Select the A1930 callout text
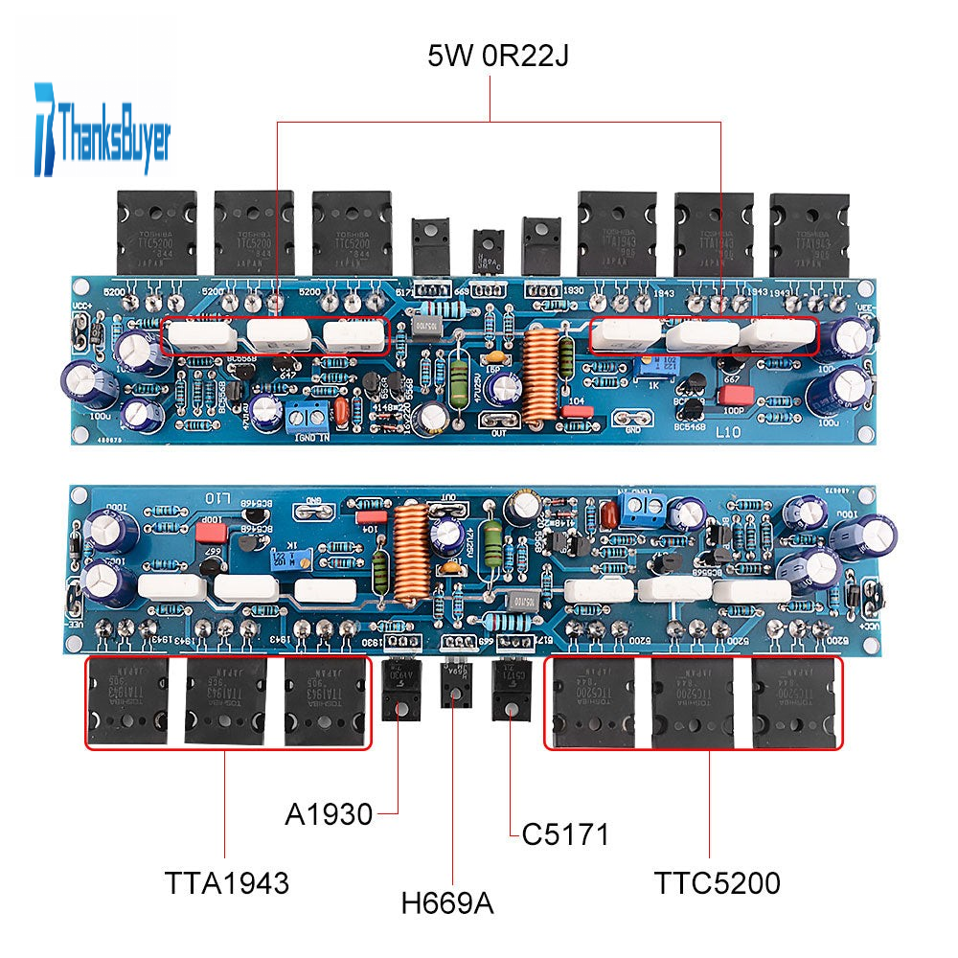(328, 815)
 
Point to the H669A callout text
(448, 901)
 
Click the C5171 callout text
(565, 834)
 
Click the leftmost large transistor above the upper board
(156, 233)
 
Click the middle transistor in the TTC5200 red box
(692, 703)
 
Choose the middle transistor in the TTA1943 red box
(226, 703)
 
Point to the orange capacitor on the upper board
(341, 414)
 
